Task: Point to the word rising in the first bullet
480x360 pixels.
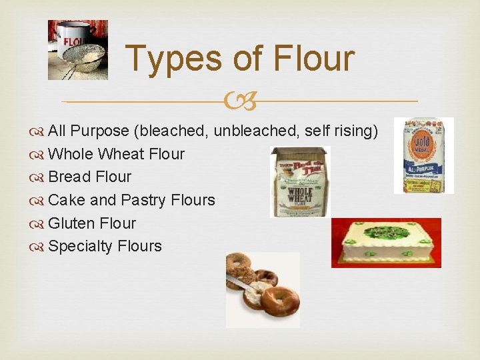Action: tap(356, 131)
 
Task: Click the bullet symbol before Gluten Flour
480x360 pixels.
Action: tap(37, 223)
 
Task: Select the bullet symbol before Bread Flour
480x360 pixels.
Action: tap(37, 177)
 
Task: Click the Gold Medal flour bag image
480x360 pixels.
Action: tap(423, 155)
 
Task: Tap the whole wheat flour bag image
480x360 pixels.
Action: tap(300, 182)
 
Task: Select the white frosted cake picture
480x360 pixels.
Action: tap(386, 243)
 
